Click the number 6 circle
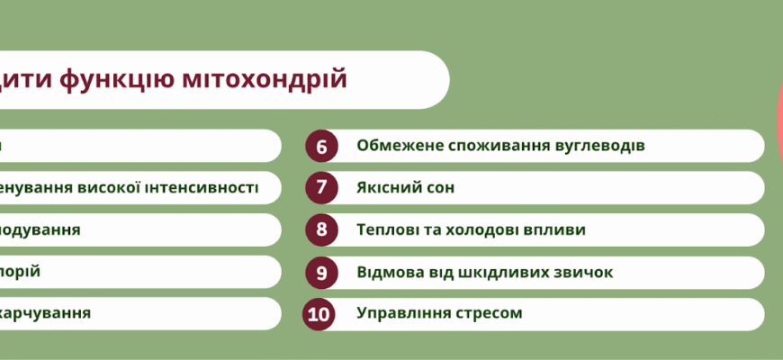(x=321, y=146)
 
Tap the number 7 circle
(x=321, y=187)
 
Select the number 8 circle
(x=321, y=229)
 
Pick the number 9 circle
(x=321, y=272)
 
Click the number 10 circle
(x=321, y=314)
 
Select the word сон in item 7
(x=439, y=187)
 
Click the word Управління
(x=400, y=314)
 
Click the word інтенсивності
(x=204, y=187)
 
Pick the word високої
(x=114, y=187)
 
